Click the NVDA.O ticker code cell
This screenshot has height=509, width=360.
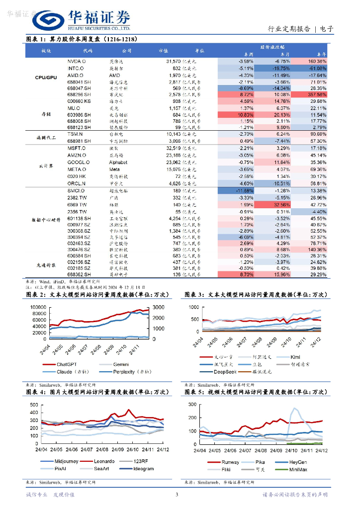77,61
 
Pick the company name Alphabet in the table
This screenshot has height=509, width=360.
118,162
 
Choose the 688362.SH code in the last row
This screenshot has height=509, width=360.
80,274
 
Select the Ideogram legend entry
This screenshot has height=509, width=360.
143,468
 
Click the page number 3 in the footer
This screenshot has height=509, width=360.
177,494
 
